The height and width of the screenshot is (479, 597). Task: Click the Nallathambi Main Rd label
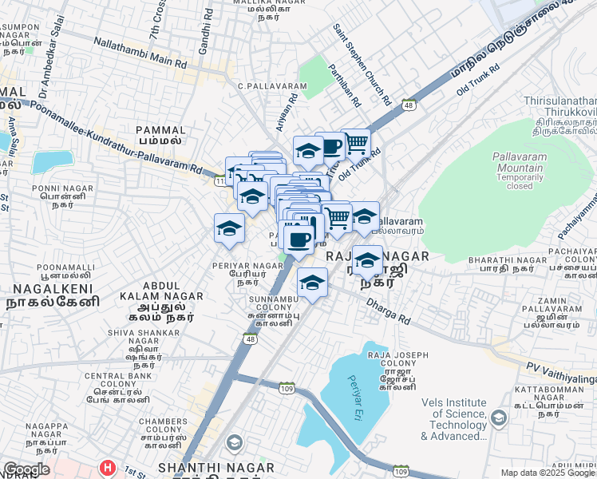coord(140,52)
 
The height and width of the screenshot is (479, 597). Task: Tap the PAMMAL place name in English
coord(160,129)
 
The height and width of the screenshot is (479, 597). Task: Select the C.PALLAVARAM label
coord(272,85)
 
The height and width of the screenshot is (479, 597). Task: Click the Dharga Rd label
coord(389,312)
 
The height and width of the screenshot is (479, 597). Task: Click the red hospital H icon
coord(105,466)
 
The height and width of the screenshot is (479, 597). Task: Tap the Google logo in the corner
coord(26,469)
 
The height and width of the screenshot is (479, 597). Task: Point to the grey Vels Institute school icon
coord(498,418)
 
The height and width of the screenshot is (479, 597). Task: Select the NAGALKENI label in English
coord(47,287)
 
